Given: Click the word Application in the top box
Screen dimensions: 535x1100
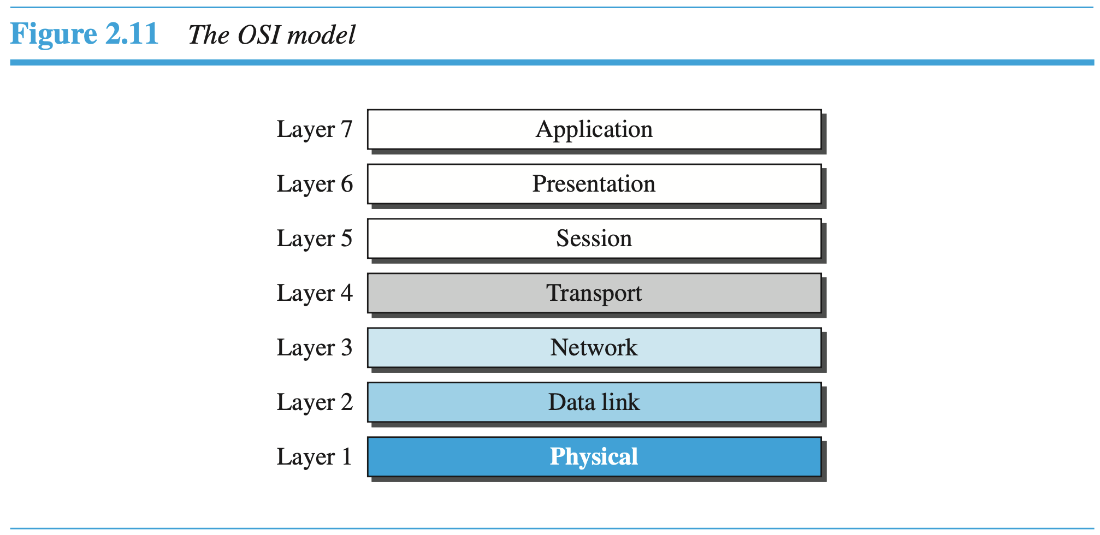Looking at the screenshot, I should coord(594,129).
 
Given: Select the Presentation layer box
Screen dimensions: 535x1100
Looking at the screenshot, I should coord(594,184).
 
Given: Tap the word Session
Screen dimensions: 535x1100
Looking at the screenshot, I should coord(594,239).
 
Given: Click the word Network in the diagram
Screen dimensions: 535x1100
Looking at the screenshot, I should coord(594,348).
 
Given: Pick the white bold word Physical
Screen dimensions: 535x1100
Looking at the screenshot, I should coord(594,456).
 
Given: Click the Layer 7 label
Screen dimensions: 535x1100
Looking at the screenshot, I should coord(314,130).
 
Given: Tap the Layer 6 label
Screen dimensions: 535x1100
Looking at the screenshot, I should coord(314,185).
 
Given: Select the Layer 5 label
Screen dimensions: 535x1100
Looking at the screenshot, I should coord(314,239).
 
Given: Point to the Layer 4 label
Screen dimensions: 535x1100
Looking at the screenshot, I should coord(314,294).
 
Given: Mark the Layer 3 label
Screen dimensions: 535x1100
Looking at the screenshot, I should coord(314,348).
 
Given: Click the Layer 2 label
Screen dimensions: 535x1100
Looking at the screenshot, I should coord(314,403).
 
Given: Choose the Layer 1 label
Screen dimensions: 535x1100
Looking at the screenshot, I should coord(314,457).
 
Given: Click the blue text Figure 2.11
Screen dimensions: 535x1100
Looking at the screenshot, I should coord(84,34).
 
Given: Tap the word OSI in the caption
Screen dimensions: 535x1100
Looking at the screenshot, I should coord(258,35).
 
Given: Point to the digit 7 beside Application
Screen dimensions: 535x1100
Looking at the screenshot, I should coord(346,129).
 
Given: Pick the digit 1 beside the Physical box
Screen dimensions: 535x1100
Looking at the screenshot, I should coord(346,456).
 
